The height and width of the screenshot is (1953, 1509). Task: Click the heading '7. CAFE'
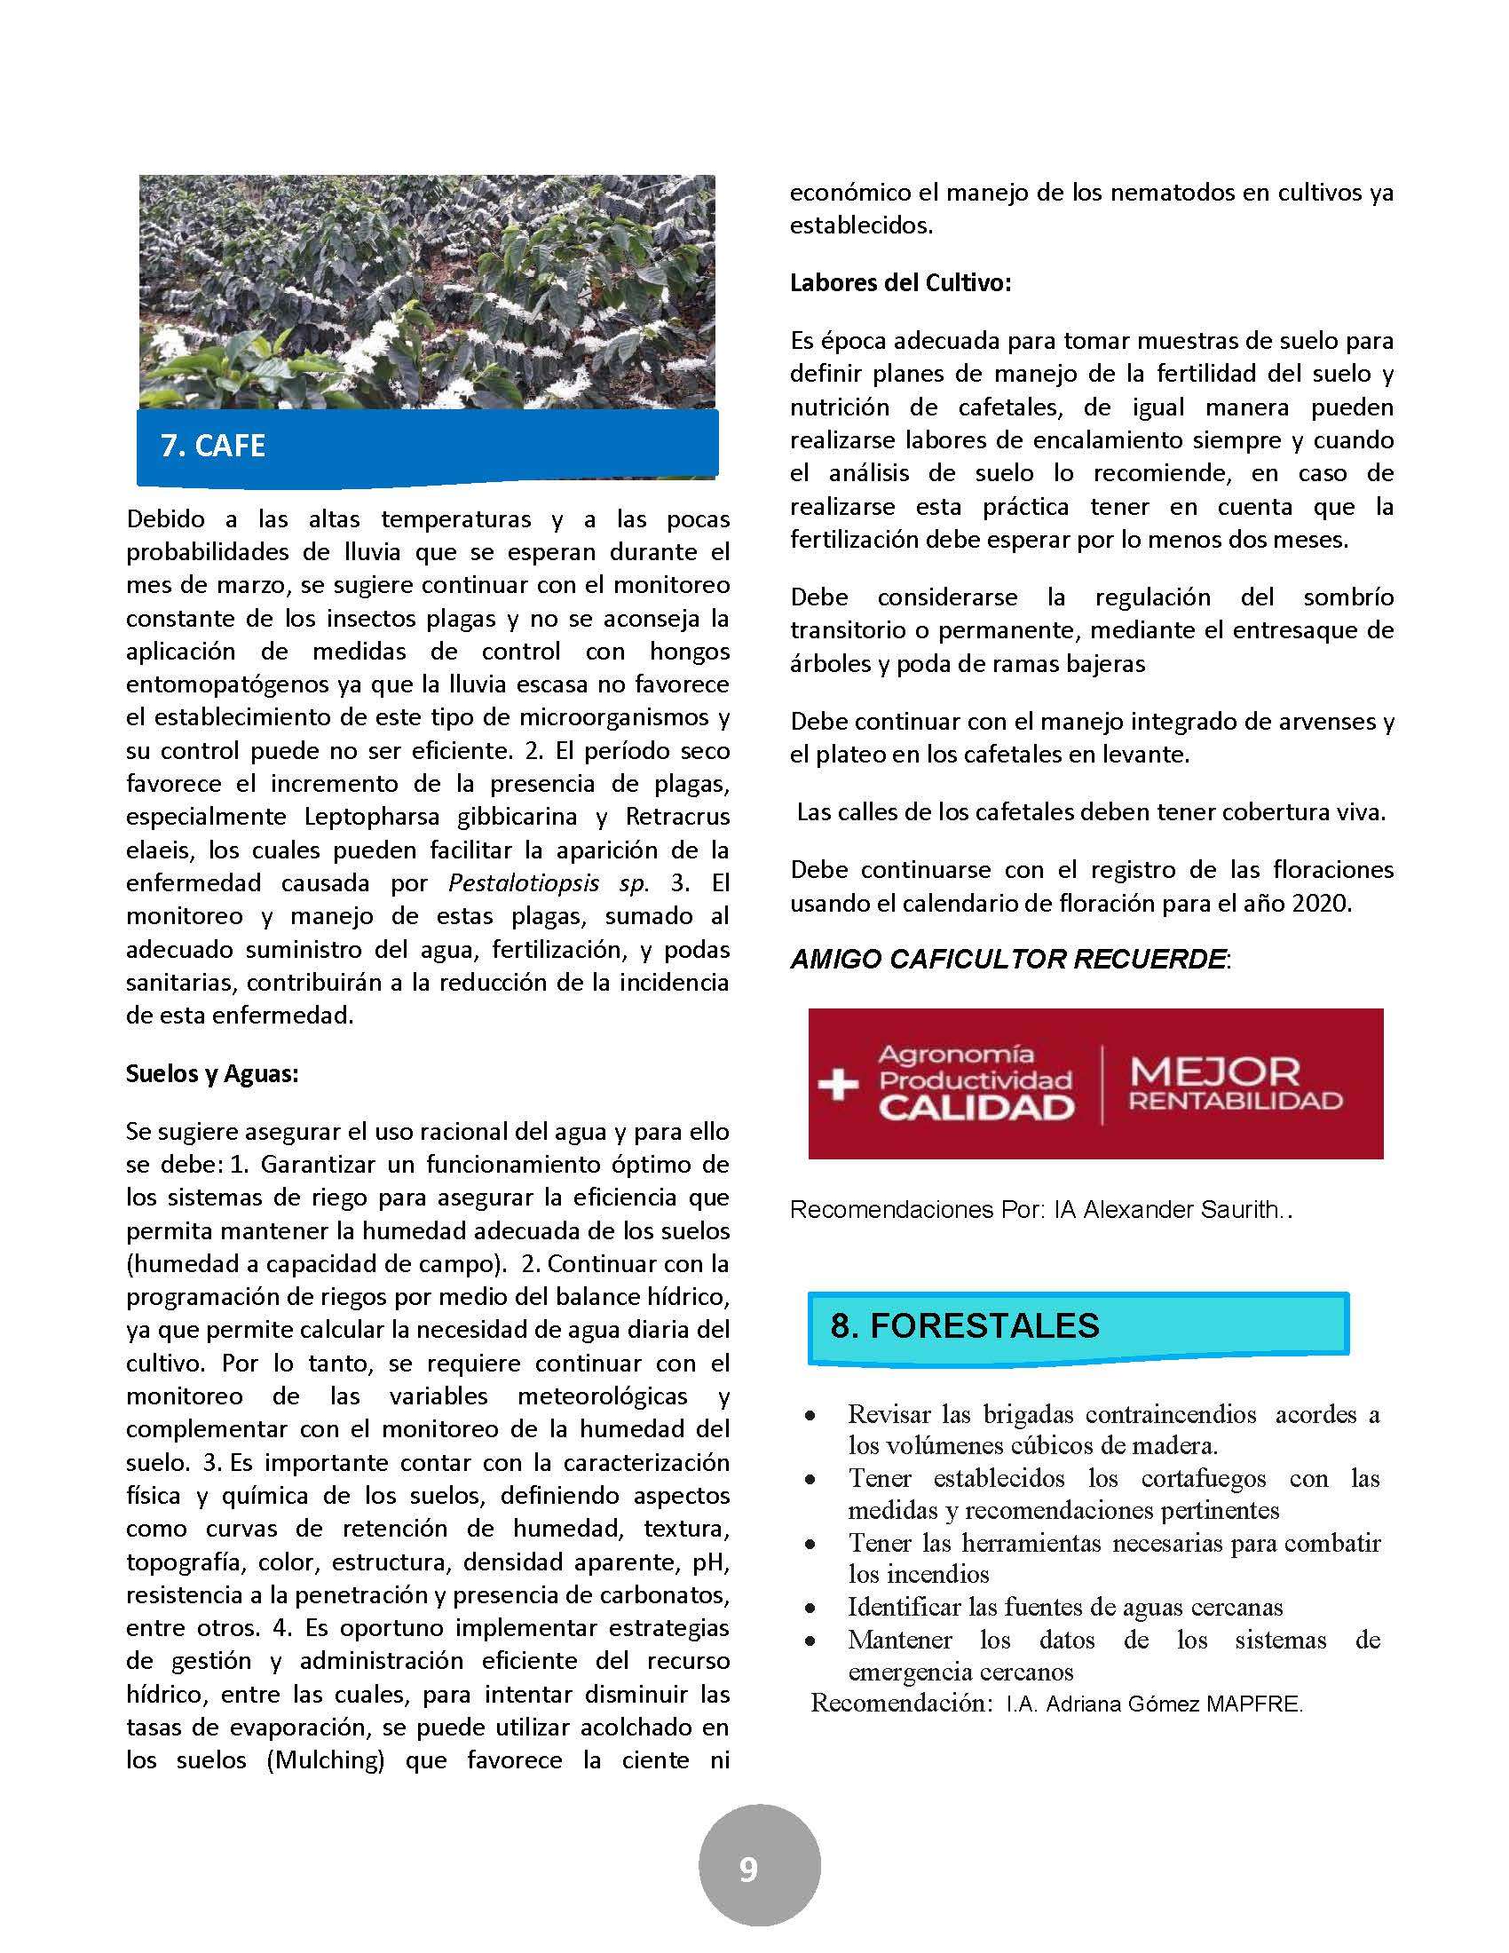213,446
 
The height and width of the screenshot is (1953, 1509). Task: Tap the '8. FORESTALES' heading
965,1325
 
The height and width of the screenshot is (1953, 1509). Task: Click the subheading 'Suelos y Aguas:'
212,1073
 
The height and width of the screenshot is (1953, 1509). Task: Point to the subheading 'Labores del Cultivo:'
900,283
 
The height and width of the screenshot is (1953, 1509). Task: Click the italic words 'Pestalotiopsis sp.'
547,883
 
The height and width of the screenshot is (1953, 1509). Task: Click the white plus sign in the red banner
838,1084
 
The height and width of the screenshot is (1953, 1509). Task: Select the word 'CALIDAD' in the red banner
976,1108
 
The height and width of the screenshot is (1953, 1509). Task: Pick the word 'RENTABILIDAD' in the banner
1236,1101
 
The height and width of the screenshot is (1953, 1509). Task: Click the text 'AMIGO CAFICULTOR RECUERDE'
1007,960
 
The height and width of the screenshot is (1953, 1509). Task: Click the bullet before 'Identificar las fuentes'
810,1609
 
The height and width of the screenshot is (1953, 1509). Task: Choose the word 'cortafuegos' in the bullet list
1204,1478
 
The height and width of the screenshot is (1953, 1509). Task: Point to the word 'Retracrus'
677,818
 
